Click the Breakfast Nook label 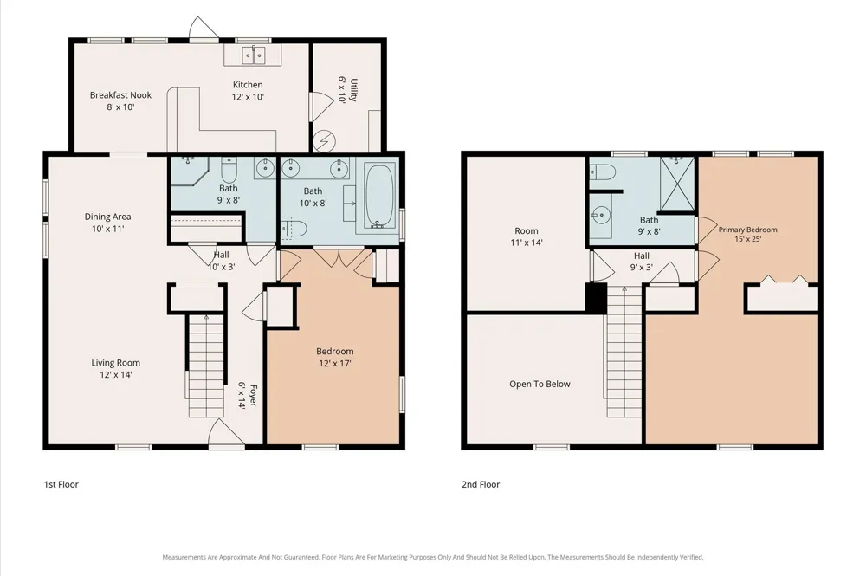point(120,100)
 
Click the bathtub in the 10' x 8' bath point(379,196)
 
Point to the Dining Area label point(107,223)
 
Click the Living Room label point(115,368)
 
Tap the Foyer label point(248,395)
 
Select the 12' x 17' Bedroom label point(334,357)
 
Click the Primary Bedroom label point(748,234)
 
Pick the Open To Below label point(540,384)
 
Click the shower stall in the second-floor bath point(677,184)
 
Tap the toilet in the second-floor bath point(602,172)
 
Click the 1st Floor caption point(61,484)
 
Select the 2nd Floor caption point(481,484)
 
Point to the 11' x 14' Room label point(527,236)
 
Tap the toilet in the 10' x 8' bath point(294,229)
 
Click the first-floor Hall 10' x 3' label point(222,261)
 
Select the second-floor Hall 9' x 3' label point(641,262)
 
